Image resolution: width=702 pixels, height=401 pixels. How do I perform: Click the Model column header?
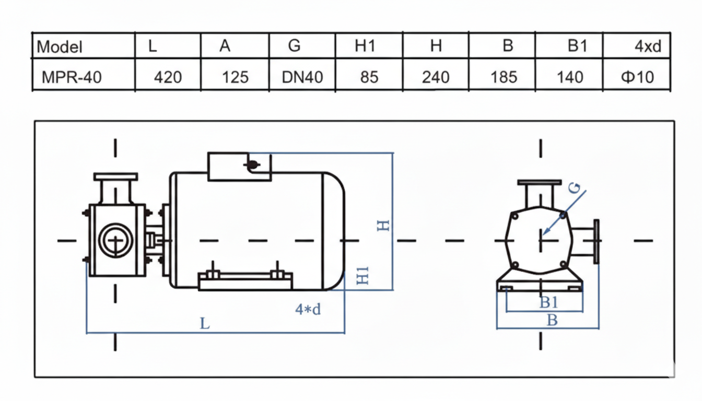60,47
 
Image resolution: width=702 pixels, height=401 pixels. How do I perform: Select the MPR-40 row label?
72,77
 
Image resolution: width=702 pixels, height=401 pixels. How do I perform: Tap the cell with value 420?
168,77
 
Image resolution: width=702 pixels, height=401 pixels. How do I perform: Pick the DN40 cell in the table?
302,77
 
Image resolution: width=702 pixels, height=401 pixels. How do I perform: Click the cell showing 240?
436,77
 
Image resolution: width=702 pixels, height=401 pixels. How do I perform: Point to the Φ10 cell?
637,77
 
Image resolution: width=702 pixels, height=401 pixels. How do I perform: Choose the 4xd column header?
648,46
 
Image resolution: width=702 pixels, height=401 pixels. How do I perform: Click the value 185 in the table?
504,77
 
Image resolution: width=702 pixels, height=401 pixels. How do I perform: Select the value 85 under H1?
369,77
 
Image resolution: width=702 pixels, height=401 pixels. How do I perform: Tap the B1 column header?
577,46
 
